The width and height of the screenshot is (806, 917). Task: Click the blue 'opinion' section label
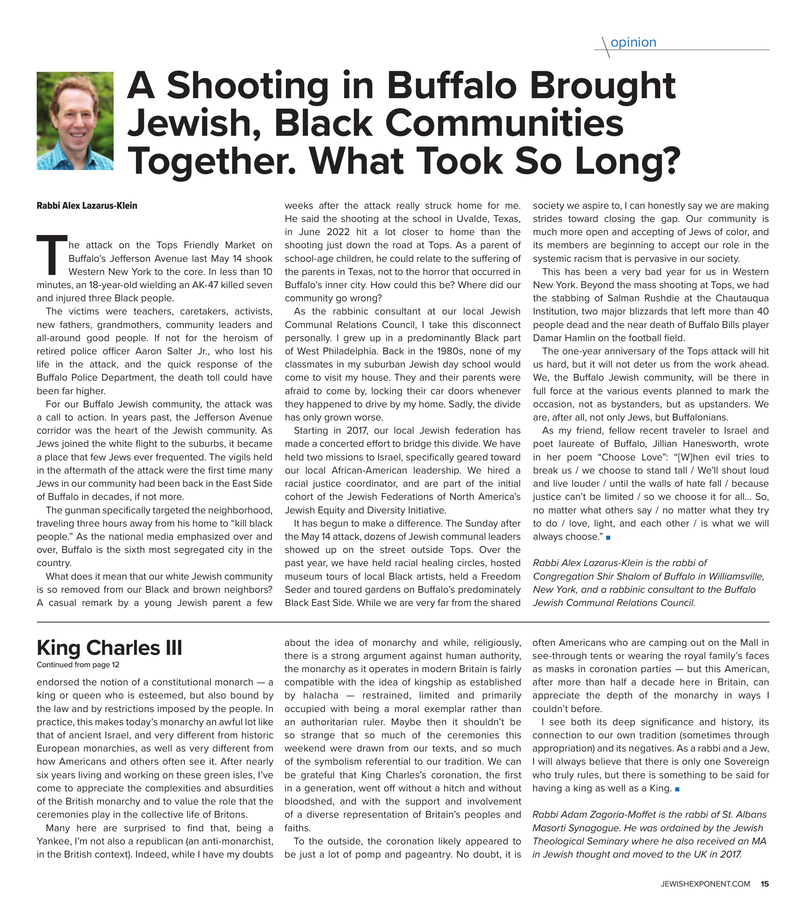coord(633,43)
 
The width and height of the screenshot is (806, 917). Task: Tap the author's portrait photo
coord(75,121)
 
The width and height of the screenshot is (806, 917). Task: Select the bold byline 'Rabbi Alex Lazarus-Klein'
coord(87,206)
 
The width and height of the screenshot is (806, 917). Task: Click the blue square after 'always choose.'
coord(608,537)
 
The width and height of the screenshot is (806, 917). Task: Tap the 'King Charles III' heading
coord(109,648)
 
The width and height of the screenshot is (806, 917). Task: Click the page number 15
coord(765,884)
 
